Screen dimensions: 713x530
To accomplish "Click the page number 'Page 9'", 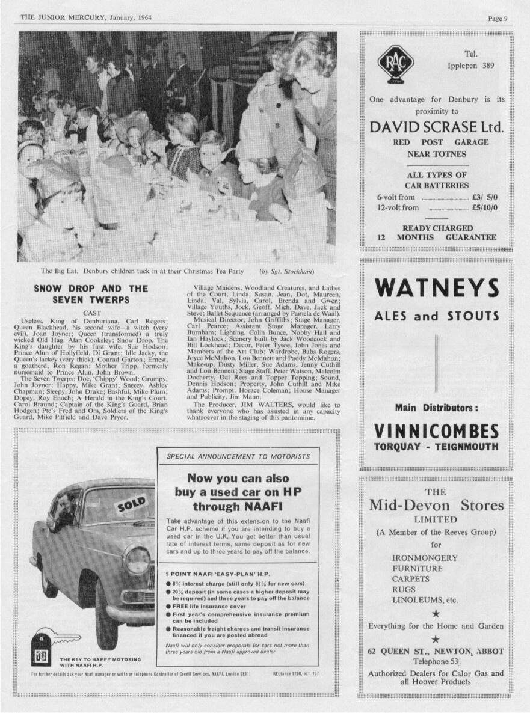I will (x=498, y=18).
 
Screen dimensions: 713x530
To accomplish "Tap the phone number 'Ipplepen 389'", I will (x=470, y=66).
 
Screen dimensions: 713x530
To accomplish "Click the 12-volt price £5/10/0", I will (x=485, y=208).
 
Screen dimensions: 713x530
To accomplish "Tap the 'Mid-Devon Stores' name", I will (x=436, y=505).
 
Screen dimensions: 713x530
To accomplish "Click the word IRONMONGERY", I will (x=425, y=558).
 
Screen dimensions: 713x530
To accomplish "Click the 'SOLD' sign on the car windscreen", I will (x=132, y=505).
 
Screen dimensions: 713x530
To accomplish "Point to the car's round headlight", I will (x=138, y=560).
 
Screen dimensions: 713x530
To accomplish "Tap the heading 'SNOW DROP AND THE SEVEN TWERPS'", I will (x=91, y=293).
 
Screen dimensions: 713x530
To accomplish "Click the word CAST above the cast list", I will (x=91, y=313).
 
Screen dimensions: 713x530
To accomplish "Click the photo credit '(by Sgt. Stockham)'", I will (x=287, y=271).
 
